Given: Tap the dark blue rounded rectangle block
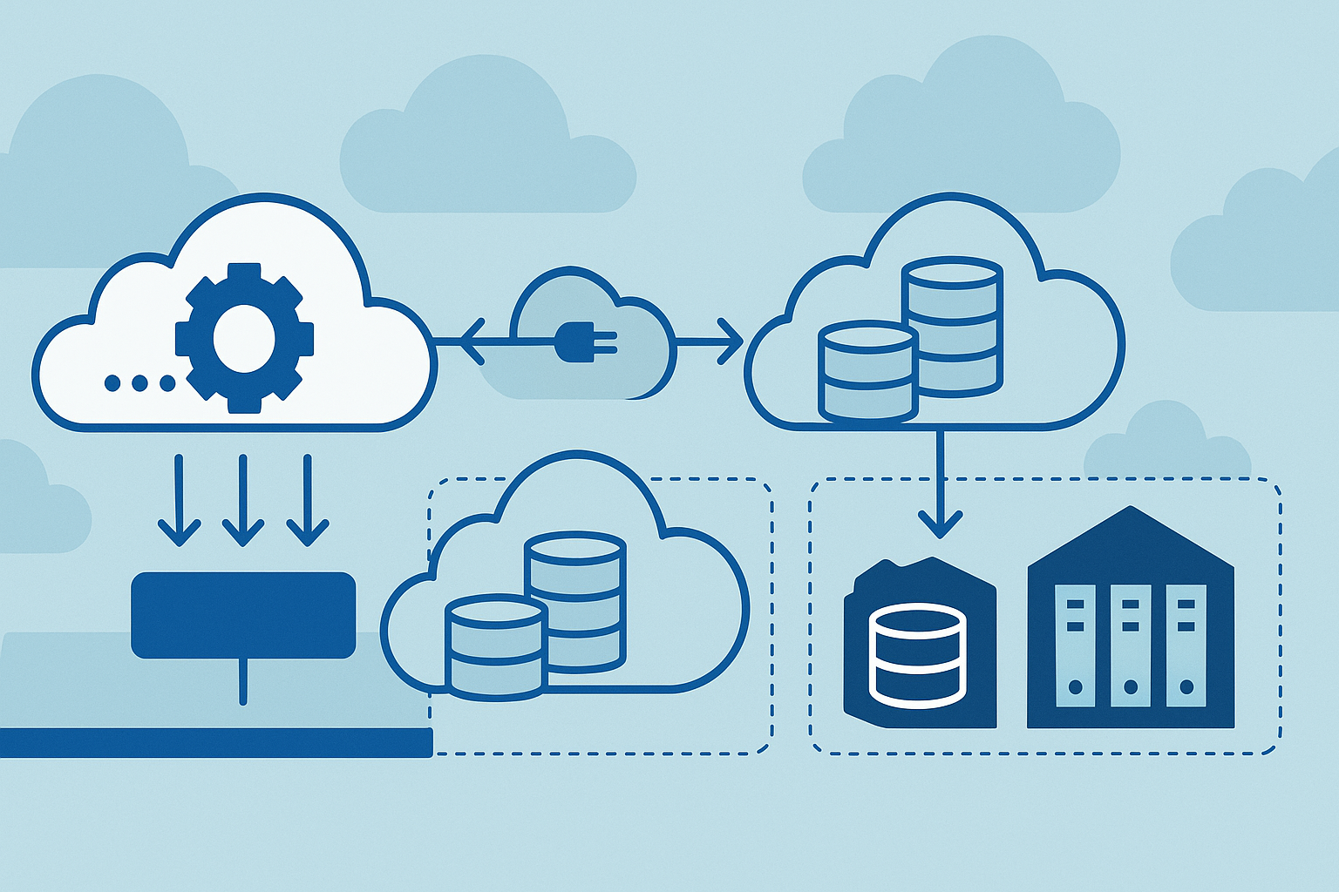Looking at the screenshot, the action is click(x=243, y=614).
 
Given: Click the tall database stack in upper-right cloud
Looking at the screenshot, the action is click(x=952, y=322).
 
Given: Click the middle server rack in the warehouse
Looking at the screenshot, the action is click(x=1131, y=645).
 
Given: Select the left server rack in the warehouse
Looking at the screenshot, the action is click(x=1075, y=645).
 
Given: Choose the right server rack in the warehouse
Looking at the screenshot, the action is click(x=1186, y=645).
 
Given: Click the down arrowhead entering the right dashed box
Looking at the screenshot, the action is click(x=941, y=524).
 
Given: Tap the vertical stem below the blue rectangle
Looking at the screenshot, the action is click(x=243, y=681).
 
